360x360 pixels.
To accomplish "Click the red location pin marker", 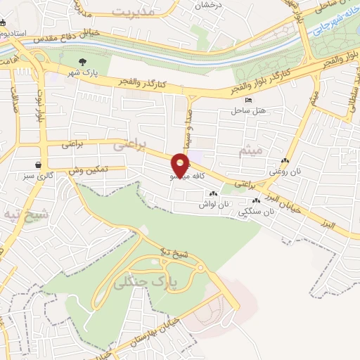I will (182, 165).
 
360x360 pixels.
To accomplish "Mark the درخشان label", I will (210, 6).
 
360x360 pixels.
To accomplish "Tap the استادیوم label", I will (13, 33).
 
